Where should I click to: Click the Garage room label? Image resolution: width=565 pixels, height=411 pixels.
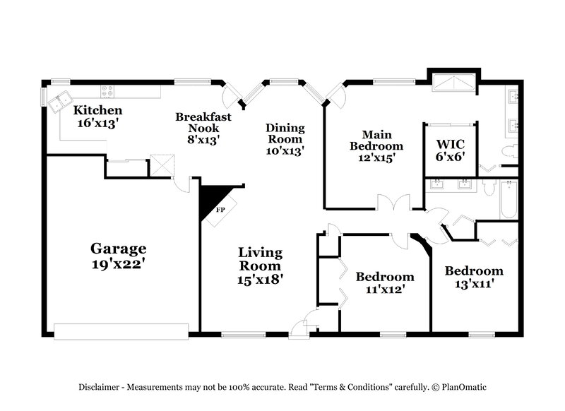click(119, 249)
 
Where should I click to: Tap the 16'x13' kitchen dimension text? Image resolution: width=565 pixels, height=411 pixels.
click(97, 122)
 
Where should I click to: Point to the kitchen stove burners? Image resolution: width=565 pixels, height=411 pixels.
click(108, 90)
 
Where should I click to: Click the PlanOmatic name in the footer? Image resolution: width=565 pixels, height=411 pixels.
click(465, 387)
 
